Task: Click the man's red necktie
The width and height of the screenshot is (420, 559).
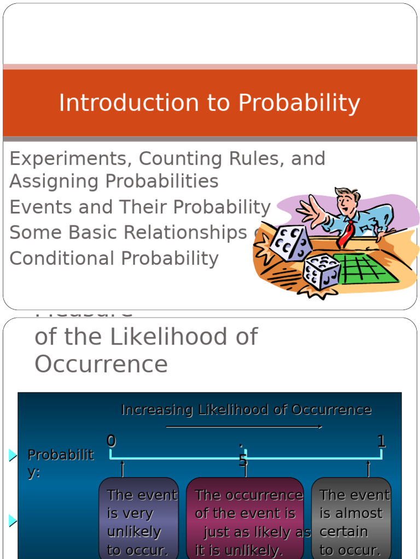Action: click(x=346, y=234)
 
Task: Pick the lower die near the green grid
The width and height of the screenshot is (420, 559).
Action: click(x=322, y=271)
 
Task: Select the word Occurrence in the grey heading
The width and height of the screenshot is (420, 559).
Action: click(x=101, y=364)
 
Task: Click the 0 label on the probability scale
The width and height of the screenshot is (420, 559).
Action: click(x=112, y=441)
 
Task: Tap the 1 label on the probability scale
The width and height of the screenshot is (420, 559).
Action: click(x=381, y=441)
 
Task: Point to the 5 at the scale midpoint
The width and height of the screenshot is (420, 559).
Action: click(x=243, y=460)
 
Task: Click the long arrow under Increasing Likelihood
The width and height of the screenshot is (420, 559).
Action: click(x=244, y=427)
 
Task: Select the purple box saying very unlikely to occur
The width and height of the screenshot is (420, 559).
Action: click(x=139, y=519)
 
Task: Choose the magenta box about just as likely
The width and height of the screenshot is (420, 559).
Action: click(x=245, y=519)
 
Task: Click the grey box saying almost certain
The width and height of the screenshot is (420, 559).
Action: click(x=351, y=519)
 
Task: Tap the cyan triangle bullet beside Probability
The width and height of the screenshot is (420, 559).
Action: click(x=13, y=455)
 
